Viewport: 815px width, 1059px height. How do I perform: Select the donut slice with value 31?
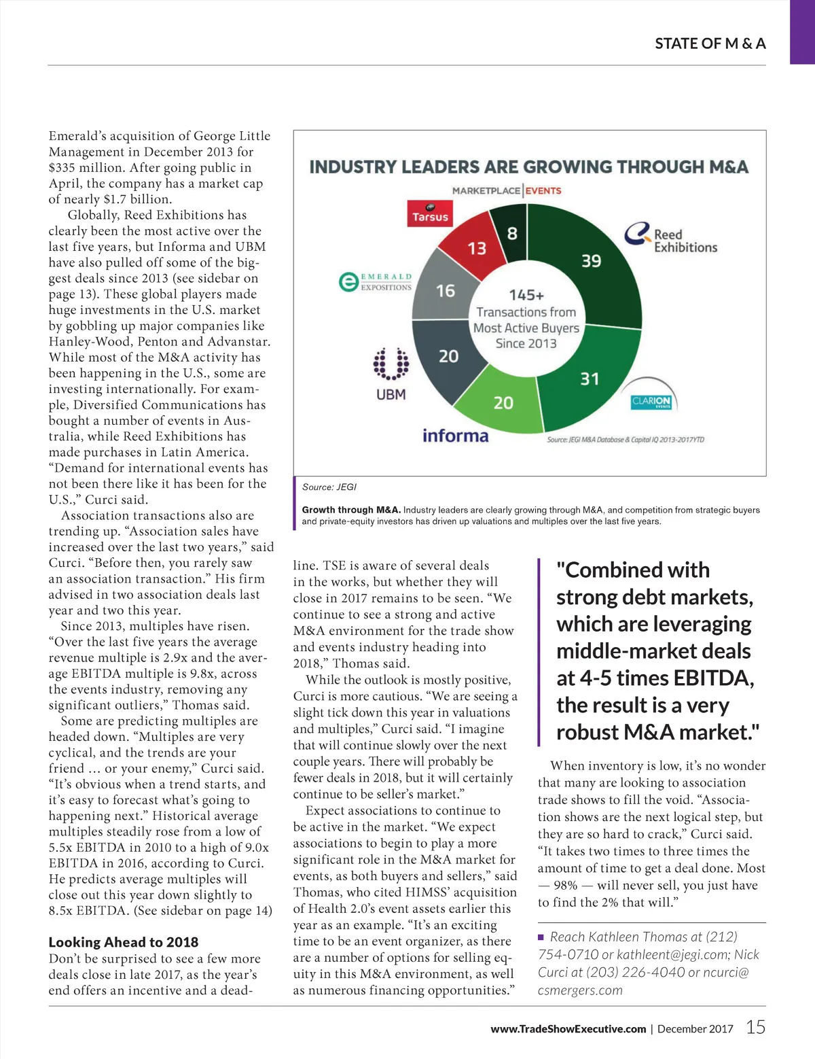click(588, 378)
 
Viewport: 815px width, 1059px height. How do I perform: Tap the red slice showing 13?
click(477, 248)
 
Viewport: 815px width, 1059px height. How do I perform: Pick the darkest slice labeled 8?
click(512, 235)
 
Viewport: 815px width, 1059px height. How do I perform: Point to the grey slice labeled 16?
click(445, 291)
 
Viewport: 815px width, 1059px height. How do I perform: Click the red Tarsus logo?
click(430, 213)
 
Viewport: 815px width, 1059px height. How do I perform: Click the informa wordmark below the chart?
click(455, 436)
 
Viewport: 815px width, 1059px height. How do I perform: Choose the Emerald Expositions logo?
click(376, 281)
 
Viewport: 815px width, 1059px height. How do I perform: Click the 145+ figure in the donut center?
click(526, 295)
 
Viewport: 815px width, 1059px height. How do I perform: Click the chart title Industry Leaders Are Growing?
click(528, 167)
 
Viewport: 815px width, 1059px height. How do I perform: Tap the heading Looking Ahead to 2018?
click(124, 942)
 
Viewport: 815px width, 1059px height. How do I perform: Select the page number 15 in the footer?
click(755, 1027)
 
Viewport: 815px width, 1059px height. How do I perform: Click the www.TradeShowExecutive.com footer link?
click(568, 1029)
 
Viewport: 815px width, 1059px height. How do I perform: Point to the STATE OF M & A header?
click(710, 44)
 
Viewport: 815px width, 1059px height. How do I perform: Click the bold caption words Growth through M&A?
click(351, 510)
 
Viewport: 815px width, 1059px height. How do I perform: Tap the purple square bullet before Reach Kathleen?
click(541, 937)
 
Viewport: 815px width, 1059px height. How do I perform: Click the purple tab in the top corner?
click(802, 31)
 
